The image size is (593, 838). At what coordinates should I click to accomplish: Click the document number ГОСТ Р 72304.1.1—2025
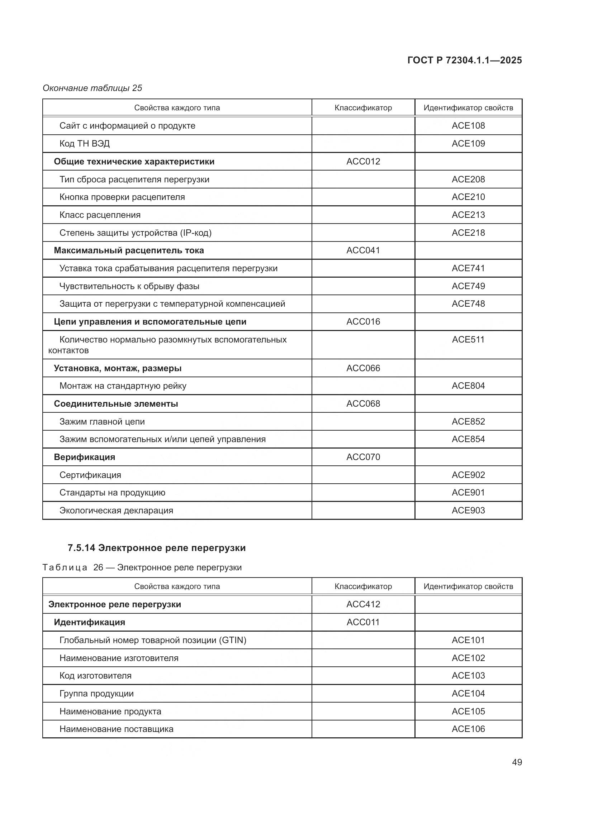[464, 60]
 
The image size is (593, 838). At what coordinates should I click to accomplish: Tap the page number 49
[517, 762]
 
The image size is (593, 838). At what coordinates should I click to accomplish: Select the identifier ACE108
[468, 125]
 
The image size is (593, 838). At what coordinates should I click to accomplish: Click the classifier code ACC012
[363, 161]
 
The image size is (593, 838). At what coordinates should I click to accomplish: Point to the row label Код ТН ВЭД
[84, 143]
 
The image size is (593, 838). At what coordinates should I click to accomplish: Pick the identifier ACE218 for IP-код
[468, 233]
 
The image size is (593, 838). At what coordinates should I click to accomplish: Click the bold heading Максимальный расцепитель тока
[129, 250]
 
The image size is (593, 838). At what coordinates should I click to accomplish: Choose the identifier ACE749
[468, 286]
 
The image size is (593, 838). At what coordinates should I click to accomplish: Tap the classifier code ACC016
[363, 321]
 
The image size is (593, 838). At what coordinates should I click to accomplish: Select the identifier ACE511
[468, 339]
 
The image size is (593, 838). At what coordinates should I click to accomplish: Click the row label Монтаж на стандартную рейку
[123, 386]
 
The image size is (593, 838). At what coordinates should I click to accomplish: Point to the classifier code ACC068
[363, 404]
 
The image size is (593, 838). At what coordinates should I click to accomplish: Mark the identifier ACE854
[468, 439]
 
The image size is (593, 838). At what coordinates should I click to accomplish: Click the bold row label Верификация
[84, 457]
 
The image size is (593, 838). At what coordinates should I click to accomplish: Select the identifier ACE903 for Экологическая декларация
[468, 510]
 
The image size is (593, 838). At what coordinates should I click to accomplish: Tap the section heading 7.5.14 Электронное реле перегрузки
[157, 548]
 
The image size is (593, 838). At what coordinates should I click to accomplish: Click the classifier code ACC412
[363, 604]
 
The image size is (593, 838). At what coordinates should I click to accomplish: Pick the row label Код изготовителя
[95, 676]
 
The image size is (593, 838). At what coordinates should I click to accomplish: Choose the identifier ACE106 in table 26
[468, 729]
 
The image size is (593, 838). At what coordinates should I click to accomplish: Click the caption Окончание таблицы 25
[92, 88]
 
